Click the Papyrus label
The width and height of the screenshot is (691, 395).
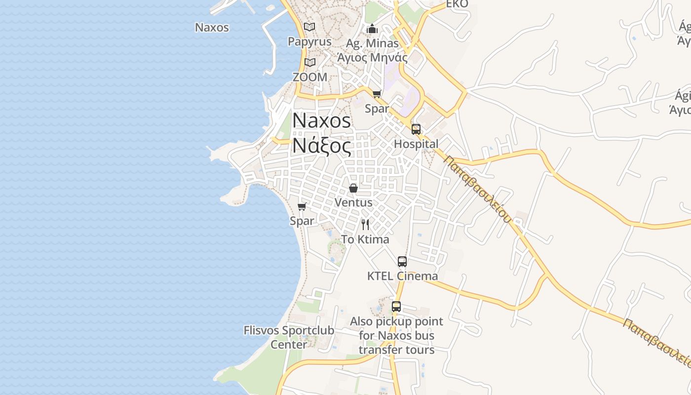click(x=309, y=41)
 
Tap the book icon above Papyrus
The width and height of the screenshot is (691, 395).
click(x=309, y=27)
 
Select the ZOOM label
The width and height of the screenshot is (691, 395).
click(x=309, y=77)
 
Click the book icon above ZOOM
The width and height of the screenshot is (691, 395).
click(x=309, y=62)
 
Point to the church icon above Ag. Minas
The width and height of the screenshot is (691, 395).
click(x=372, y=29)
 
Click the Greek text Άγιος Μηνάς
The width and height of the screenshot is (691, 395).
click(x=372, y=57)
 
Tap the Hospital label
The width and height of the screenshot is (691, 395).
click(x=416, y=144)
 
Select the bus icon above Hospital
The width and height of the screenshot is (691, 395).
click(x=416, y=129)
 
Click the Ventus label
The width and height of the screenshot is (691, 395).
click(x=353, y=202)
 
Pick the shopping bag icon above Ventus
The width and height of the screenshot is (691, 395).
click(x=353, y=188)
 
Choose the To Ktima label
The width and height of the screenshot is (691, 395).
click(x=365, y=239)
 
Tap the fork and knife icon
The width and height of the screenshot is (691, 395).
click(x=365, y=225)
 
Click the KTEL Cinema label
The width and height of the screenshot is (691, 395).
click(x=402, y=276)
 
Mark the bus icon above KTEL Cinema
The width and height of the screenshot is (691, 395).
click(x=402, y=262)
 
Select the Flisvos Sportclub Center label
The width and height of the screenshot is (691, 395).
click(x=289, y=337)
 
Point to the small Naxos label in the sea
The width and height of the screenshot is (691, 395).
click(x=212, y=27)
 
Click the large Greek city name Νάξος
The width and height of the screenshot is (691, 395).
click(x=322, y=146)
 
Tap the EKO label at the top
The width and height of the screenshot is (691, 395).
click(x=457, y=4)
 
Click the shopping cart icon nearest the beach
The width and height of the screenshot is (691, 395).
click(x=302, y=206)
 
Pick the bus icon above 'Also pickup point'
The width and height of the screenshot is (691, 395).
click(x=396, y=307)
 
